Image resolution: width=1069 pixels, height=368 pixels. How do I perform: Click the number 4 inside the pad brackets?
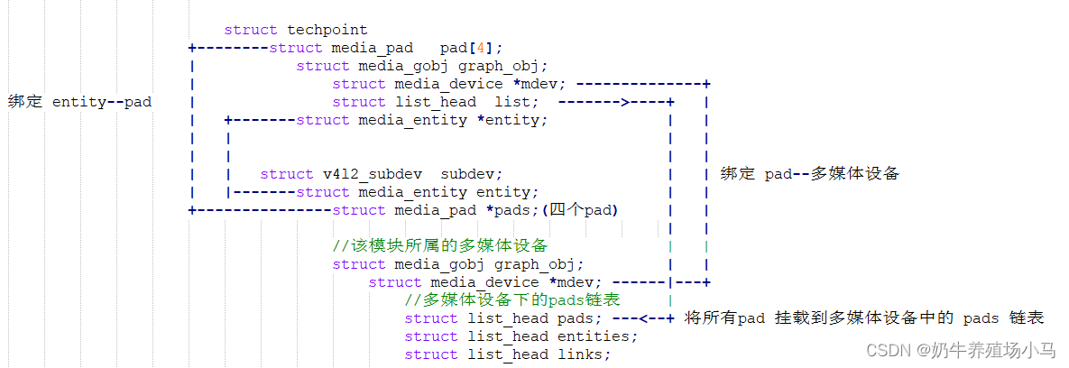[x=484, y=48]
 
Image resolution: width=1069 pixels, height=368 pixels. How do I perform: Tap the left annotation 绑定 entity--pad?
[x=79, y=102]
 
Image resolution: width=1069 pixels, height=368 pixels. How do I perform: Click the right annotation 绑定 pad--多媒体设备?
[x=809, y=174]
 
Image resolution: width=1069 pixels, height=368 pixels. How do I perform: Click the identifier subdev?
[x=471, y=174]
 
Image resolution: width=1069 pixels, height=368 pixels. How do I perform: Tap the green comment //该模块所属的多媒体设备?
[x=440, y=246]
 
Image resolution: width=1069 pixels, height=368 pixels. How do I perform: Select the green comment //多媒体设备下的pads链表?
[x=511, y=300]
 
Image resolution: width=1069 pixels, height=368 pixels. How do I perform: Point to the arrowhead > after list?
[x=624, y=102]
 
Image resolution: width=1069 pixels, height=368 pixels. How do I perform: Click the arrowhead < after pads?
[x=642, y=318]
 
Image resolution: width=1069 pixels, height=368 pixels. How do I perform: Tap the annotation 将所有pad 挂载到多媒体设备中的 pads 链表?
[x=863, y=318]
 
